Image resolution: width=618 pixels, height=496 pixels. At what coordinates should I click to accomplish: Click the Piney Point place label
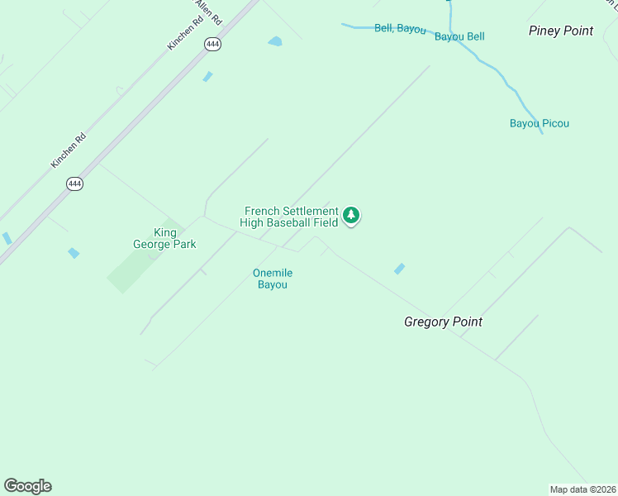(561, 31)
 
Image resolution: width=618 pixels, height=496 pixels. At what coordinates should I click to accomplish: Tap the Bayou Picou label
(539, 124)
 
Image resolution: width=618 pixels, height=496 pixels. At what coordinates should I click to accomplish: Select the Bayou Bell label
(459, 36)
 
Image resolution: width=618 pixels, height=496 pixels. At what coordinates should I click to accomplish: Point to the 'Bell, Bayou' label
(400, 28)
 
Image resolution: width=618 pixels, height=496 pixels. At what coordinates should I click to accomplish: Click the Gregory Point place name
(443, 322)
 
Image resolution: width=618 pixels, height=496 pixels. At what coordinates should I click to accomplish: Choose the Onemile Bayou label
(273, 279)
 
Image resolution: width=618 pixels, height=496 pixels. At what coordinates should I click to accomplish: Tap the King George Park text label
(164, 238)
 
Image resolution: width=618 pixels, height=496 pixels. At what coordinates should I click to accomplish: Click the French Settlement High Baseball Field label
(291, 217)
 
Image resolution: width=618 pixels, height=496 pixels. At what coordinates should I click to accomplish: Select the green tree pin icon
(351, 216)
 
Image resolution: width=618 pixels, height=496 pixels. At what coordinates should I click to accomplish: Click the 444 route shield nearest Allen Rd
(213, 45)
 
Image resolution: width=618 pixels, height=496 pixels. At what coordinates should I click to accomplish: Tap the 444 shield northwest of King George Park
(75, 184)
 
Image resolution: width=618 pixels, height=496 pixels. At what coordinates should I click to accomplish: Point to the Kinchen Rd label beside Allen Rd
(183, 33)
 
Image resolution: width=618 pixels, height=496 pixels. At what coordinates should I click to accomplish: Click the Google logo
(28, 486)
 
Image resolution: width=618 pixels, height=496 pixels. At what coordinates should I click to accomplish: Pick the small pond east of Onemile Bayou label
(400, 269)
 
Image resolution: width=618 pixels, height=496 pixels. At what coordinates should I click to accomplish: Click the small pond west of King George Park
(74, 253)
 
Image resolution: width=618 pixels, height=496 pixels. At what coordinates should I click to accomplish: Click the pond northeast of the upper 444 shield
(275, 41)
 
